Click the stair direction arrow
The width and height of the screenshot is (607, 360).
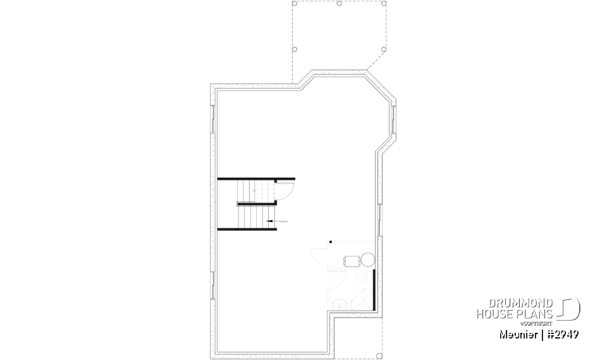coord(277,221)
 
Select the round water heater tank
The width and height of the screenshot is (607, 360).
coord(366,259)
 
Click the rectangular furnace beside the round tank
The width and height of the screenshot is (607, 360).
coord(351,259)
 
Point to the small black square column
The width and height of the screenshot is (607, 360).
coord(330,240)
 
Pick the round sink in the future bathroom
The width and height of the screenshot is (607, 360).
coord(340,304)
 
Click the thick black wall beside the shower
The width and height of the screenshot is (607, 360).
coord(375,289)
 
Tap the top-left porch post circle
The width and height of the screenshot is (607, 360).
coord(295,4)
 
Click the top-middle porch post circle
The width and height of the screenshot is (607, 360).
coord(340,4)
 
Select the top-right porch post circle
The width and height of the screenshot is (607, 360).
coord(384,4)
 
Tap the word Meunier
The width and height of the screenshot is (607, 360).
coord(517,333)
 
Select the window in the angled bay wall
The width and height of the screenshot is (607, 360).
coord(393,120)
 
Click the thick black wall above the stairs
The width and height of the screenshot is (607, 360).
coord(256,179)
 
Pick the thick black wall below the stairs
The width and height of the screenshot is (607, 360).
coord(247,228)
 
